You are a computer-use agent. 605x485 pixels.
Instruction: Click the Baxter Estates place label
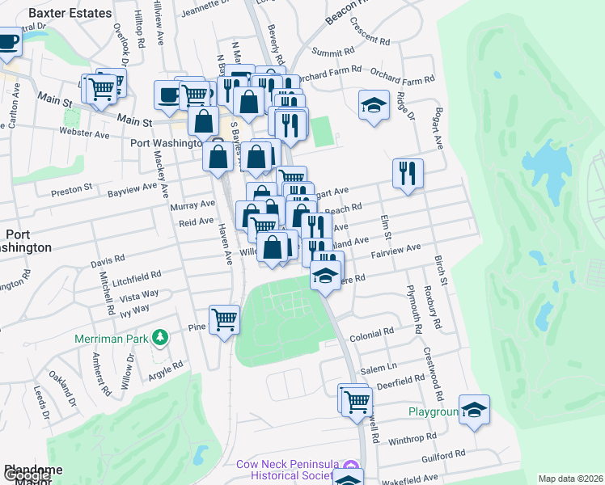(x=70, y=13)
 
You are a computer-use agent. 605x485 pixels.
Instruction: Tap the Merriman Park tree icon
(x=161, y=336)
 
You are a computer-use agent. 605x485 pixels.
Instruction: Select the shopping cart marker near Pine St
(x=224, y=319)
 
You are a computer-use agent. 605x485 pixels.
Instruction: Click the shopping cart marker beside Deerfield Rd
(x=356, y=400)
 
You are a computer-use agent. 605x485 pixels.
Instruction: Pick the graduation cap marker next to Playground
(x=474, y=409)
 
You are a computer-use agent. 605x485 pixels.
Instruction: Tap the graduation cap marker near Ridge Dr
(x=373, y=106)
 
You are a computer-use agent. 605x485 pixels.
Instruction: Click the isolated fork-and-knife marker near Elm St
(x=408, y=173)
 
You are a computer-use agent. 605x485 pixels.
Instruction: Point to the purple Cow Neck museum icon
(x=350, y=466)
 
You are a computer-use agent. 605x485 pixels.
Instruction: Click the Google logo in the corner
(x=26, y=476)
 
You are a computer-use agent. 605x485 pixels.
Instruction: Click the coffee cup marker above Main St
(x=168, y=95)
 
